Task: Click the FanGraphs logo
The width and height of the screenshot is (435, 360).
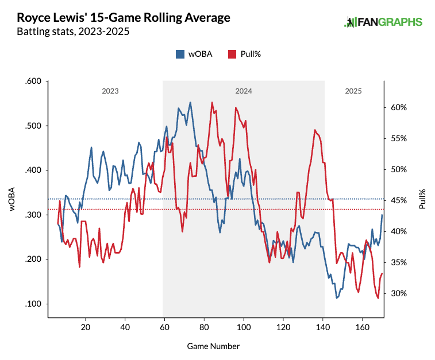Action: click(383, 22)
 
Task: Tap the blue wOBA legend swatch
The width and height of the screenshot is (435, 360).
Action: click(180, 54)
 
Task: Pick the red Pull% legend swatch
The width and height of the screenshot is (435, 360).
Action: click(233, 54)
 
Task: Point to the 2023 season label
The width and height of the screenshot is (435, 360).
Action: click(110, 91)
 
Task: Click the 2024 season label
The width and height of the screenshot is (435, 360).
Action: click(244, 91)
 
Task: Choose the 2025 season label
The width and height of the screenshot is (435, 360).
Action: click(353, 91)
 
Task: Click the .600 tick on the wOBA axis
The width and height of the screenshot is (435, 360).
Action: click(34, 82)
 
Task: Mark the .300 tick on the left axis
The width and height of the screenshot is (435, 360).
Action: click(34, 215)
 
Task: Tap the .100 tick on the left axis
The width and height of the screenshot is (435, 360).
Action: click(34, 304)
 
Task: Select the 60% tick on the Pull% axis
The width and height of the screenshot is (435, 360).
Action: click(400, 107)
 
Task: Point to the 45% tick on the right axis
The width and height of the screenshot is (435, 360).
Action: click(400, 200)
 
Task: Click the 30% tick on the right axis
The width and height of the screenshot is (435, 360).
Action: click(400, 293)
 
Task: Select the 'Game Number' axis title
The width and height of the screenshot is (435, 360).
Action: click(213, 346)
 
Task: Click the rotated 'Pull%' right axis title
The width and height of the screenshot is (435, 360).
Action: click(422, 198)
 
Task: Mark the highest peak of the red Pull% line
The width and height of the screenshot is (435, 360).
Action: click(212, 102)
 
